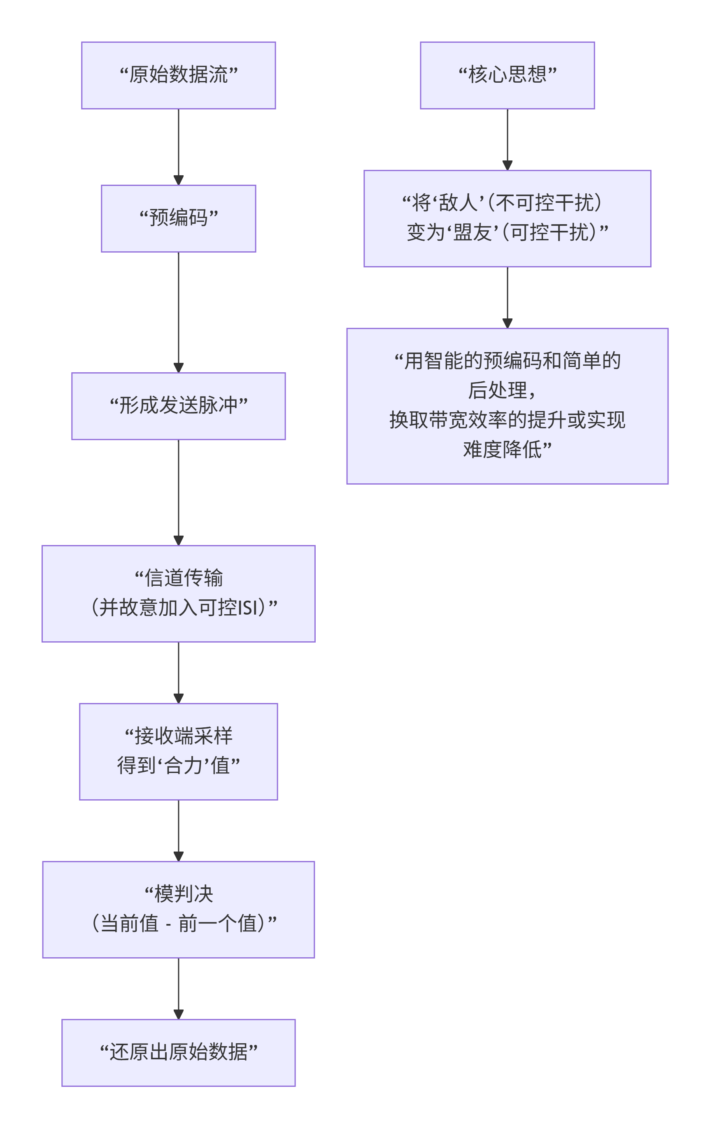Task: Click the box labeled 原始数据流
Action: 178,75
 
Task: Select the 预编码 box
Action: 178,218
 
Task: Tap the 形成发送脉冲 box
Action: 178,406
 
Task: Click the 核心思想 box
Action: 507,75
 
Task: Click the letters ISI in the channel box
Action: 248,608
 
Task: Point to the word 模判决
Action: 184,894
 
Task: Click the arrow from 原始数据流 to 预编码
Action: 178,146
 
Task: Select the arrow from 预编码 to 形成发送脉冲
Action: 178,312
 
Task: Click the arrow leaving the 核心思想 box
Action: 507,139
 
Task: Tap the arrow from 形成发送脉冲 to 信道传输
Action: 178,492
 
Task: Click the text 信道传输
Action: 184,578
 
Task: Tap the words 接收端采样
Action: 184,736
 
